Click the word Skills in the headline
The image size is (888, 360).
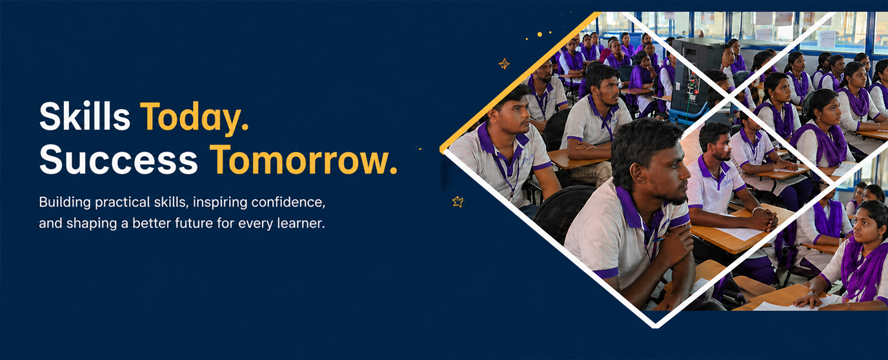point(85,116)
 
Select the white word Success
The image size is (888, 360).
point(119,159)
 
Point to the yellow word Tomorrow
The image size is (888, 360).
point(303,159)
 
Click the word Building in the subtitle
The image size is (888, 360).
point(65,203)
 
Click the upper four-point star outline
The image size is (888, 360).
point(504,64)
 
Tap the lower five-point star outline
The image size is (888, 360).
point(458,202)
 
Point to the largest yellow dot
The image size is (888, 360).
point(540,34)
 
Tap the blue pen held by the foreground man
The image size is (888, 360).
point(658,239)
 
